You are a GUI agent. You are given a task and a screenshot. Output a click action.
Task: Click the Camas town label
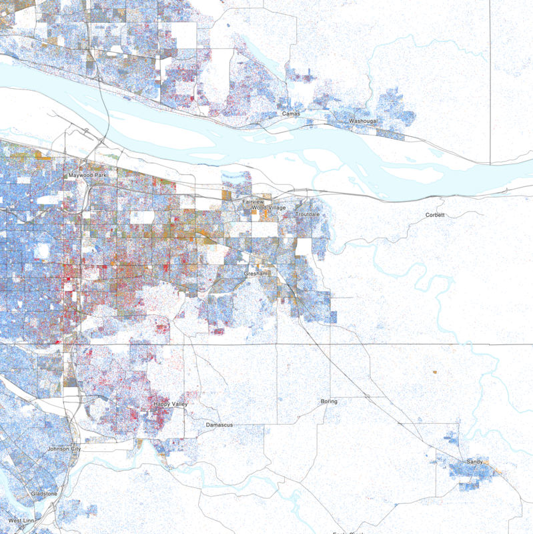pos(292,114)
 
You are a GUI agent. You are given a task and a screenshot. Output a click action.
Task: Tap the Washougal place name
pos(364,121)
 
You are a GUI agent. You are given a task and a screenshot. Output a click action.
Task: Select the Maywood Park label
pos(87,176)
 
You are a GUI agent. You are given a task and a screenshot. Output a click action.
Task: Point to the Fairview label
pos(253,201)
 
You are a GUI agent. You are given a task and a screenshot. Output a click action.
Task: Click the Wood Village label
pos(268,208)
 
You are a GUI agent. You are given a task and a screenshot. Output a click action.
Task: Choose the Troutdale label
pos(308,214)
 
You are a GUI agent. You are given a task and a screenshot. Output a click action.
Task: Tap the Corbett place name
pos(435,215)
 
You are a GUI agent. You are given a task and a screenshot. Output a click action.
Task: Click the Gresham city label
pos(255,274)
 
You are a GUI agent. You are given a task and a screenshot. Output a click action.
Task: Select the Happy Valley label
pos(171,404)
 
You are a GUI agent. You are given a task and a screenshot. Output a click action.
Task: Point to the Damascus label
pos(218,424)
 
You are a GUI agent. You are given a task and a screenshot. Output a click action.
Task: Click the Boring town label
pos(329,401)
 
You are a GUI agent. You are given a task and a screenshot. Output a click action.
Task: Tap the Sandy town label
pos(474,461)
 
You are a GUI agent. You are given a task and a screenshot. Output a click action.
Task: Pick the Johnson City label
pos(64,449)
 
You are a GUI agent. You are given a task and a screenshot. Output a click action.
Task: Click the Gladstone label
pos(44,493)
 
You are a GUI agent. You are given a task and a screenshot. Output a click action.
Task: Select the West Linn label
pos(21,520)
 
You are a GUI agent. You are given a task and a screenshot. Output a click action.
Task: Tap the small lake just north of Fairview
pos(236,183)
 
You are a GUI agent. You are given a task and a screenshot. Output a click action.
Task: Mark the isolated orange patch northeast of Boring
pos(434,370)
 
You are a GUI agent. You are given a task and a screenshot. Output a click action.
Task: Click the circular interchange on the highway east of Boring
pos(367,397)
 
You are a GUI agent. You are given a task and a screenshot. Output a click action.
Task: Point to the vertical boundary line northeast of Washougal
pos(490,80)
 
